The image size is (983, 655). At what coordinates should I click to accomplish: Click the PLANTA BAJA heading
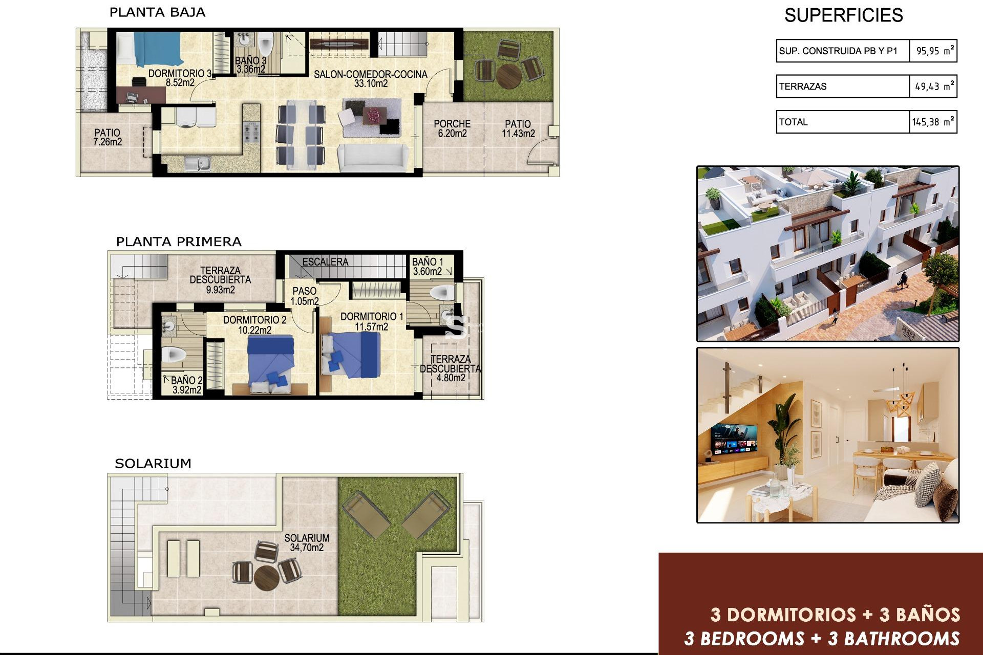tap(157, 12)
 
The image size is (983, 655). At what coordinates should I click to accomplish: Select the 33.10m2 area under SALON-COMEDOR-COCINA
tap(371, 83)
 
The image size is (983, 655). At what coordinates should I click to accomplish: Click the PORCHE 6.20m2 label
tap(452, 128)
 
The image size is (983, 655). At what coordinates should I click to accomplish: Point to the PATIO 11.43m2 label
tap(518, 128)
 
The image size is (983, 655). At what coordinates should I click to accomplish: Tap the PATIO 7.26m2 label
tap(108, 137)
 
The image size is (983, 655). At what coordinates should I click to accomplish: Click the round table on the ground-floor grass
tap(509, 75)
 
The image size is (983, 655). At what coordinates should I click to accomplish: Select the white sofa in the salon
tap(373, 158)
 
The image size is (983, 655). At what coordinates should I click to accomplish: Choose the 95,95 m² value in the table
tap(934, 51)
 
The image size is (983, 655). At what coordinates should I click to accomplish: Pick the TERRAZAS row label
tap(803, 86)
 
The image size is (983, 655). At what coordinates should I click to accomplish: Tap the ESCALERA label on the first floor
tap(325, 262)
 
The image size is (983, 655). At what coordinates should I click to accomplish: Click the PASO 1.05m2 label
tap(305, 296)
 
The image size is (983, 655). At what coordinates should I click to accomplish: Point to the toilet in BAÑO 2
tap(173, 354)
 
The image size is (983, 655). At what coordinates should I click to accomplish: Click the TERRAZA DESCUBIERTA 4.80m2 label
tap(451, 368)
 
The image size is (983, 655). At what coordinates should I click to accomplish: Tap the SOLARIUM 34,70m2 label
tap(307, 542)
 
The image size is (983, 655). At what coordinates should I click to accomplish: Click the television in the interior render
tap(735, 439)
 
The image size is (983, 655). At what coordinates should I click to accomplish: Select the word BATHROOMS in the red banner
tap(902, 639)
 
